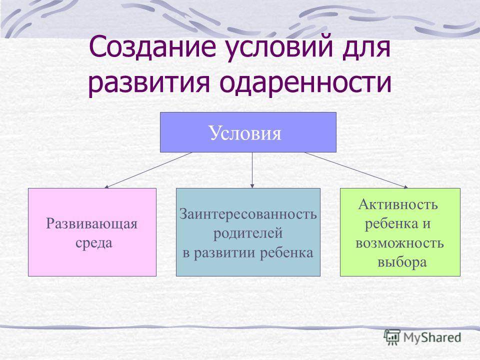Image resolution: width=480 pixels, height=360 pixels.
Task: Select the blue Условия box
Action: pyautogui.click(x=248, y=132)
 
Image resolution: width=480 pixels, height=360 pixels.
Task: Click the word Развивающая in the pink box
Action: pyautogui.click(x=92, y=224)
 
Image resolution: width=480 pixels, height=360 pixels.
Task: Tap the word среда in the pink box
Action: pyautogui.click(x=94, y=243)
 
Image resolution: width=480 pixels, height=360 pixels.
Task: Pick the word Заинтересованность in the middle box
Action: pyautogui.click(x=248, y=213)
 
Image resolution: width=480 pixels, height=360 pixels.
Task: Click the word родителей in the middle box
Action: pyautogui.click(x=248, y=233)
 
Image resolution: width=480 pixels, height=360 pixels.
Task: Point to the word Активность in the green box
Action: pyautogui.click(x=398, y=204)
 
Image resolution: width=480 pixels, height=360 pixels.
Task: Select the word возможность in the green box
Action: pyautogui.click(x=399, y=243)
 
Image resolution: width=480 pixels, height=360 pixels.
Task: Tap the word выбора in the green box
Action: pyautogui.click(x=402, y=262)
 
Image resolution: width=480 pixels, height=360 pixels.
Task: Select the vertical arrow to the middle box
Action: pyautogui.click(x=252, y=170)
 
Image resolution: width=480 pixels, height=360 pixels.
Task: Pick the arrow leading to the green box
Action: pyautogui.click(x=356, y=170)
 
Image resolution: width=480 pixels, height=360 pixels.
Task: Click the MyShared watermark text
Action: pyautogui.click(x=432, y=337)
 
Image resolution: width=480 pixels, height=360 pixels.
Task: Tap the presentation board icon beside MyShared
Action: pyautogui.click(x=392, y=337)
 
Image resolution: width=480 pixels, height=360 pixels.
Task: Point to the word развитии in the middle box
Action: pyautogui.click(x=226, y=253)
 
